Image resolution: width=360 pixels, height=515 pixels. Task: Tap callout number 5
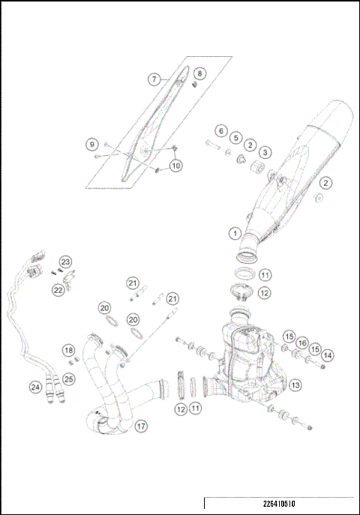[235, 138]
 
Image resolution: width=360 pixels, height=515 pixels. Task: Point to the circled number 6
[220, 130]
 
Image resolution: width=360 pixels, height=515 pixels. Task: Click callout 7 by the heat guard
[153, 79]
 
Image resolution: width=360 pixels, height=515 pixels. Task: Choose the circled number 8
[199, 73]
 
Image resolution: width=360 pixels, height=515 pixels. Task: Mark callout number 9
[91, 143]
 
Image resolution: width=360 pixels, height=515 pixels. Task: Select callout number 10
[175, 166]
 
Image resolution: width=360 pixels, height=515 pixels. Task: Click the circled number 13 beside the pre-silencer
[295, 385]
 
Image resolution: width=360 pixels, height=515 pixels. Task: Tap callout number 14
[328, 354]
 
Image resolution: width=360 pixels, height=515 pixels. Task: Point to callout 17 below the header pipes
[141, 426]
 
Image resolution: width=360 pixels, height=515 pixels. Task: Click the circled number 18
[68, 350]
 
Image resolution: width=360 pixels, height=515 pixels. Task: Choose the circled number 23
[66, 262]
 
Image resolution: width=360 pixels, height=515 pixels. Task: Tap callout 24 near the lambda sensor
[35, 387]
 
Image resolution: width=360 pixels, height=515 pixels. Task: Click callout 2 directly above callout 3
[250, 145]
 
